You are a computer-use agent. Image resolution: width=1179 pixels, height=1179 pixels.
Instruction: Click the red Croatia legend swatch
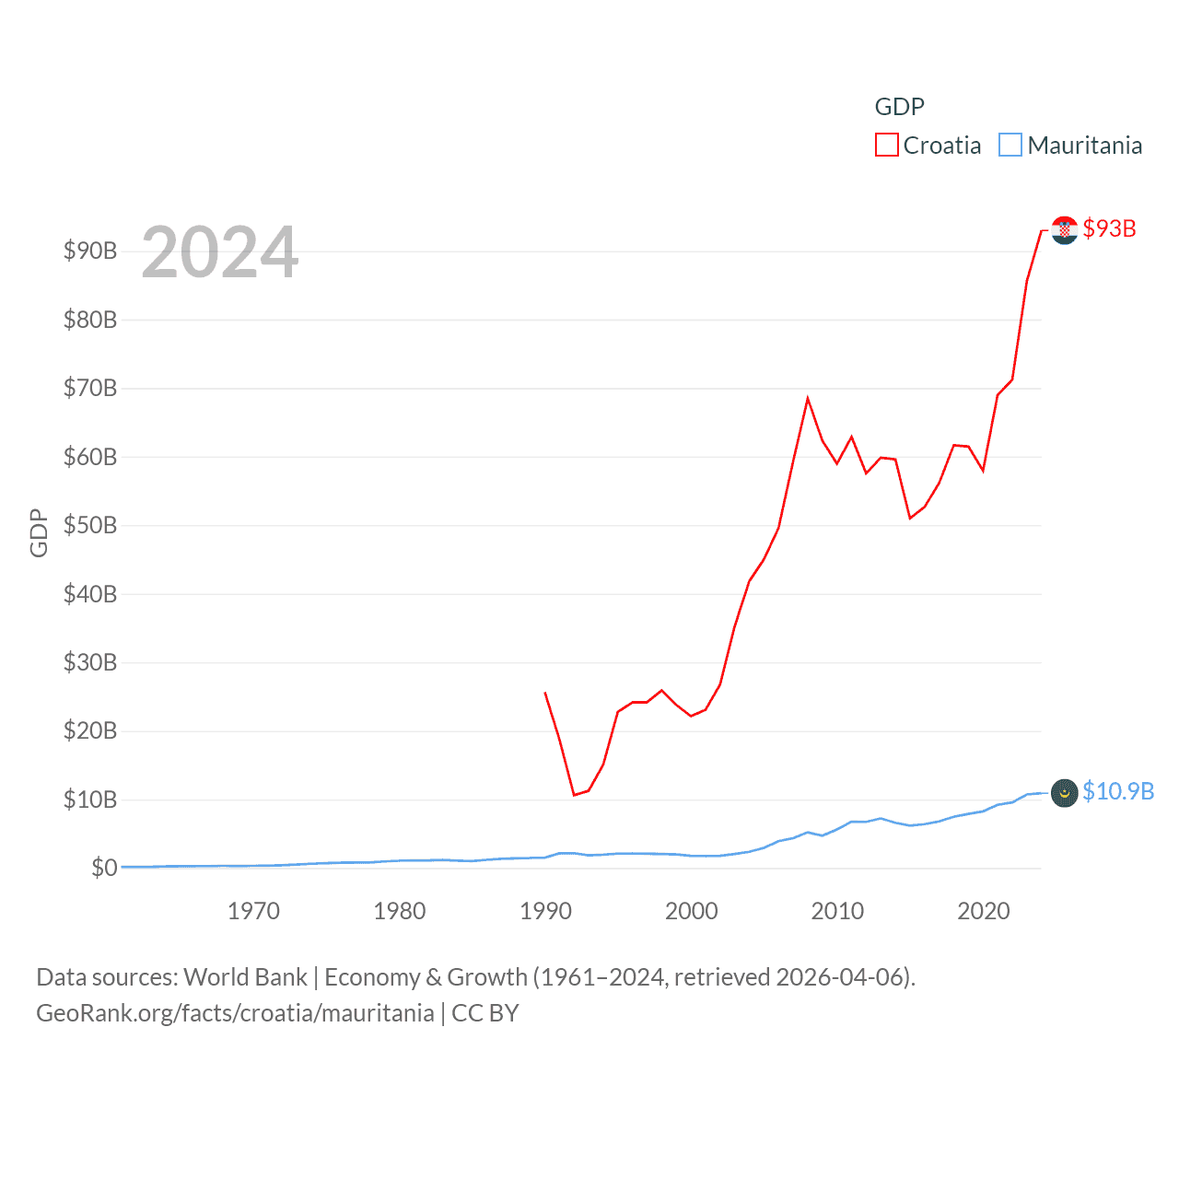[886, 146]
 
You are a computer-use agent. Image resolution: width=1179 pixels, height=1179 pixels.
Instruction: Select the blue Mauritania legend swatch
[1010, 146]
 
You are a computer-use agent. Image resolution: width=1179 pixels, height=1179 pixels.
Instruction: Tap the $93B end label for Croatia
[1109, 228]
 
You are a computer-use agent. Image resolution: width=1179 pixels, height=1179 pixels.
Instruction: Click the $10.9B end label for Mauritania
[1118, 791]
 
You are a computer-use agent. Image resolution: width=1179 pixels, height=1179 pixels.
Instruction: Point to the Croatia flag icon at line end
[1065, 229]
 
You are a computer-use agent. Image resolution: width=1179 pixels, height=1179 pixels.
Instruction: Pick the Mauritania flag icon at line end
[1065, 792]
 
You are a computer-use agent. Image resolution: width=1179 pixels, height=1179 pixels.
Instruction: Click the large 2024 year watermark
[219, 252]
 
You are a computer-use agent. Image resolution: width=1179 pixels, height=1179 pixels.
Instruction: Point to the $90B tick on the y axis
[90, 251]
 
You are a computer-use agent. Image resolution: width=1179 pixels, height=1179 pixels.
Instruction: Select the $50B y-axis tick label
[90, 525]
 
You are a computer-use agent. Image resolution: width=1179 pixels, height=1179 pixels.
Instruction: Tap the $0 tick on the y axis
[104, 868]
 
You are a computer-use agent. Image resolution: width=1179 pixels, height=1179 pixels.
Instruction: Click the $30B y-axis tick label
[90, 662]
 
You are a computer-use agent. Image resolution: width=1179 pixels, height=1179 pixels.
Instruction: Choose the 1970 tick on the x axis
[253, 911]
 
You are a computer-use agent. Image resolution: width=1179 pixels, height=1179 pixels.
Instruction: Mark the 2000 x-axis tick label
[692, 911]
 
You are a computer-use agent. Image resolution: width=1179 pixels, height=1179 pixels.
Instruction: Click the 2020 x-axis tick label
[984, 911]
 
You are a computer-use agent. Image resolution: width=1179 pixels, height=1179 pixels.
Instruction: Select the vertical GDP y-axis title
[39, 532]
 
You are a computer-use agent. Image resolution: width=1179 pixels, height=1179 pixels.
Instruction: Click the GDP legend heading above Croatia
[899, 107]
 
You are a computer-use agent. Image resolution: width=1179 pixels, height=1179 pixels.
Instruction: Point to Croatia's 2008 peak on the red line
[808, 399]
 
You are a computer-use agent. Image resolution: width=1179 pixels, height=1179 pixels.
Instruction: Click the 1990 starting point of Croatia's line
[545, 693]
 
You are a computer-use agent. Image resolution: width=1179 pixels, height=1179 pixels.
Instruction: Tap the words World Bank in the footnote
[246, 976]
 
